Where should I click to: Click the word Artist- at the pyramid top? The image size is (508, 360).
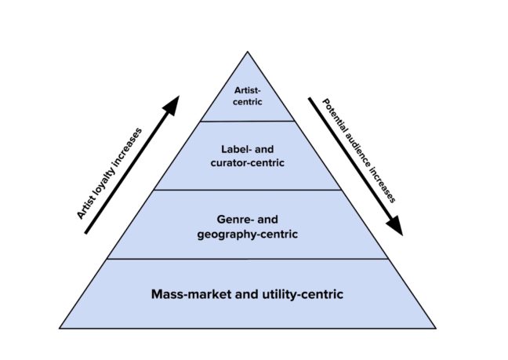tap(247, 90)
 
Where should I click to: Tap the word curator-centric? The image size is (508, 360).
tap(247, 163)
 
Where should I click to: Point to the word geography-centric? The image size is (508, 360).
tap(248, 234)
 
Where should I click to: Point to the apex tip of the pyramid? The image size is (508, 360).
tap(248, 53)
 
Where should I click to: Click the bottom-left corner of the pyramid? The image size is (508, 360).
tap(60, 328)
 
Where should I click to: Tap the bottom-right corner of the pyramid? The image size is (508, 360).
tap(436, 328)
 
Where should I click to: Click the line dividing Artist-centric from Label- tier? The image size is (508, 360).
tap(248, 121)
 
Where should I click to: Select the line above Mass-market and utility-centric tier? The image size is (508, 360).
tap(248, 259)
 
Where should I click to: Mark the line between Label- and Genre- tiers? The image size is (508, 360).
tap(248, 190)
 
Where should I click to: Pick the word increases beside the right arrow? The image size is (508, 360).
tap(385, 185)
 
